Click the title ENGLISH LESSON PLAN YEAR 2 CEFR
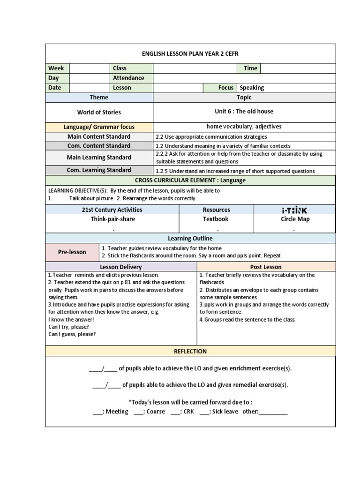190,54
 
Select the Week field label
56,68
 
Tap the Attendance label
128,78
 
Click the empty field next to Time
297,68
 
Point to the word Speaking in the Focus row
252,88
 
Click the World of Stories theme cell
99,112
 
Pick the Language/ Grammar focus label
99,127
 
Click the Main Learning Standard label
99,157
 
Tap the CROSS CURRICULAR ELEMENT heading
190,180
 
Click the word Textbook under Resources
216,219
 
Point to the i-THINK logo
295,210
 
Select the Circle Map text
295,219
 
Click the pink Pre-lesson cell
72,252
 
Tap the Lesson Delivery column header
120,267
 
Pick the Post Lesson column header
266,267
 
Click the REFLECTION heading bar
190,351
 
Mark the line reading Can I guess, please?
72,334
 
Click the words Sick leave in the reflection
225,412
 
